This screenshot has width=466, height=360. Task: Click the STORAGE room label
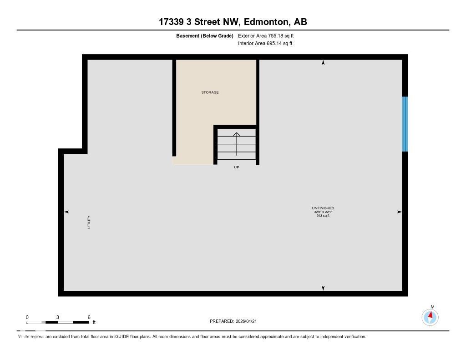click(x=210, y=92)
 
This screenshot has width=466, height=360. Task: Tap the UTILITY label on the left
click(x=89, y=222)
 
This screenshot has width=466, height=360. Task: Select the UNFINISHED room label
click(x=323, y=208)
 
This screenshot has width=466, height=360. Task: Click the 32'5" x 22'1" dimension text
click(x=323, y=212)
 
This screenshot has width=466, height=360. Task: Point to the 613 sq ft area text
click(x=323, y=216)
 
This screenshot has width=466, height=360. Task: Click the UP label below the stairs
click(x=236, y=167)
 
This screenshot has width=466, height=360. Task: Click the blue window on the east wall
click(x=405, y=124)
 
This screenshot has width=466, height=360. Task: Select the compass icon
click(x=430, y=317)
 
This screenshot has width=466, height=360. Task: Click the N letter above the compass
click(x=432, y=307)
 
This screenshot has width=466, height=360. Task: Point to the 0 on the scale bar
click(x=27, y=317)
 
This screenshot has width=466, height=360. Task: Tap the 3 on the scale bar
click(x=58, y=317)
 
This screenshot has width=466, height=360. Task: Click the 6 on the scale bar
click(x=89, y=317)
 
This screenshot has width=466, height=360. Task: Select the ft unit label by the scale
click(x=94, y=322)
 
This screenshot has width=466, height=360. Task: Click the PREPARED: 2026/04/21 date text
click(x=236, y=321)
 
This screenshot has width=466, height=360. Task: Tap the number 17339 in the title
click(x=172, y=22)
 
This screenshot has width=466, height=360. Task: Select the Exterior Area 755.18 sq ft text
click(x=269, y=35)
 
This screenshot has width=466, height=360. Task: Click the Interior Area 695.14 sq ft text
click(x=265, y=44)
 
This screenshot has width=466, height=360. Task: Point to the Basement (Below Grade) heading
click(x=204, y=35)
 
